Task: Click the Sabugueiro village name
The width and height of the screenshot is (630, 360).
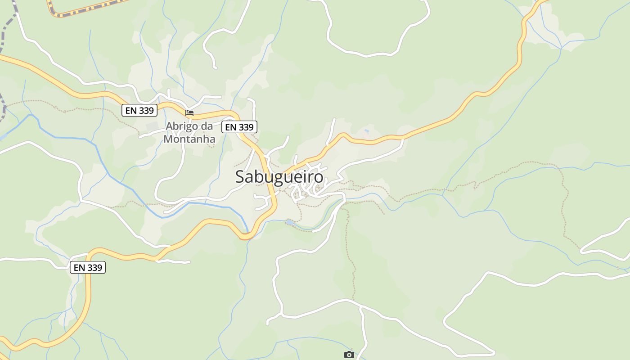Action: click(279, 177)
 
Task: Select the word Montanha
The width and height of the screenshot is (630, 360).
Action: click(189, 139)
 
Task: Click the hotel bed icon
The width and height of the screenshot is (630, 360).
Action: click(189, 112)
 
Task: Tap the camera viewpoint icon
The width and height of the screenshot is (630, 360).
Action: click(349, 355)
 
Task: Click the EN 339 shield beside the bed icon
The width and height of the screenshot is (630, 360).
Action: click(139, 110)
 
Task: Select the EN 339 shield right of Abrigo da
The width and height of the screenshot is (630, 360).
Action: click(239, 127)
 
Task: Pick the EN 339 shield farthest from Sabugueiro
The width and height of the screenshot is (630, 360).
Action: click(88, 268)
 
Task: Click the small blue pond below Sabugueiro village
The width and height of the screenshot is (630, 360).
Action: click(290, 222)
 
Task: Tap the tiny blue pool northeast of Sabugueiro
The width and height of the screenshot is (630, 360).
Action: click(366, 131)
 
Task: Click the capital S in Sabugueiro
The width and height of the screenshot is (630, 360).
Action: click(241, 177)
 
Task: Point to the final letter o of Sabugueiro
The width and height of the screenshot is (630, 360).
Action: click(319, 177)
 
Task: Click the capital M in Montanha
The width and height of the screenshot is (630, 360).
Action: click(169, 139)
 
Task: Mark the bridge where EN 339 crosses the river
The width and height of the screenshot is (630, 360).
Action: click(246, 235)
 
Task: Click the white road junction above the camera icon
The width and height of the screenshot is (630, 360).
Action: click(360, 307)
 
